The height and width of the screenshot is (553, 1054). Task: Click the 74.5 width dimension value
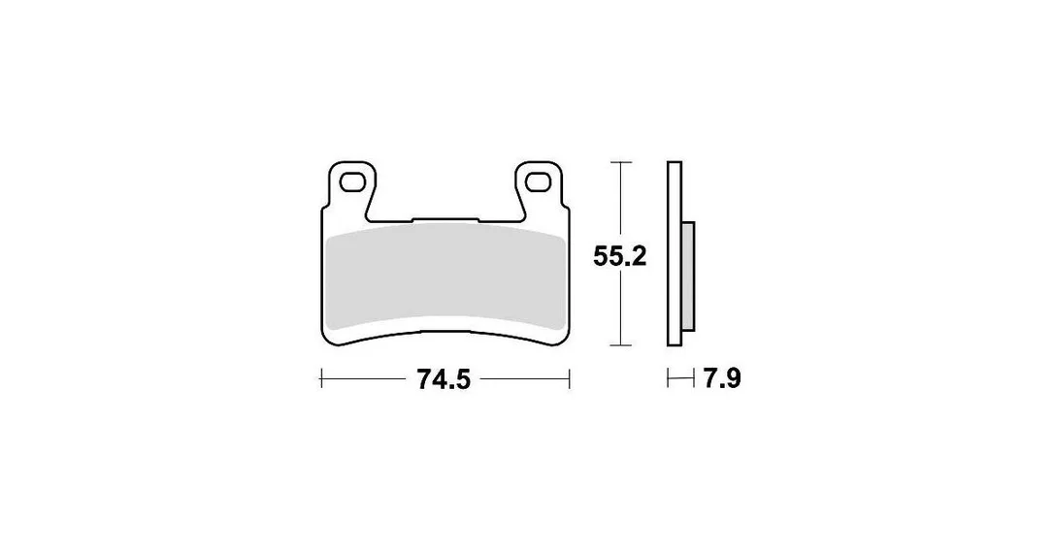click(x=445, y=379)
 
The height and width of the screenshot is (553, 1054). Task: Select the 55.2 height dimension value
click(x=620, y=256)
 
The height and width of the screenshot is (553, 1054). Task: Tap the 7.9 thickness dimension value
click(x=722, y=379)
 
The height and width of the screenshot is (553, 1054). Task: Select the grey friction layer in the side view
click(x=688, y=276)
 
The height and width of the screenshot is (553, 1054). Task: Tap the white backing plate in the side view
click(x=675, y=254)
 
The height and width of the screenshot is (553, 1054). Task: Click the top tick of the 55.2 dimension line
click(x=620, y=163)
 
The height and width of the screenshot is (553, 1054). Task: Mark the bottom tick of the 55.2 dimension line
click(x=620, y=345)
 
